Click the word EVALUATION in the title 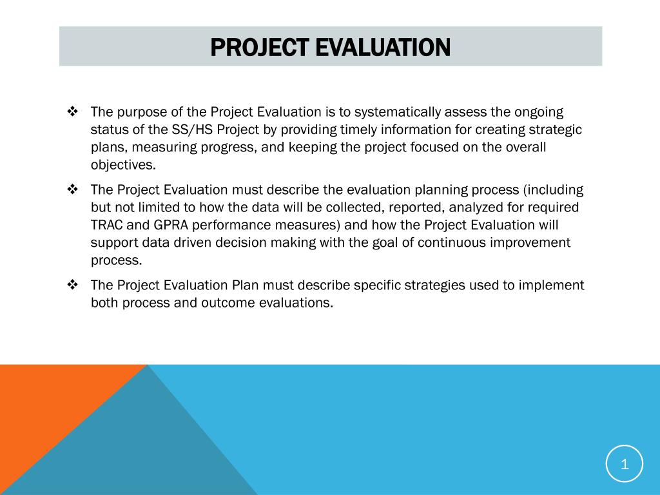(x=383, y=47)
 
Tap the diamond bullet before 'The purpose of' (x=72, y=112)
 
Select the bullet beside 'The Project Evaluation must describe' (x=72, y=189)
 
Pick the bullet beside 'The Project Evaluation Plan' (x=72, y=285)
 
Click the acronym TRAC (x=106, y=225)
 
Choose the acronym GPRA (x=170, y=225)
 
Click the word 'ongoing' (x=539, y=112)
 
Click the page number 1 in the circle (x=625, y=464)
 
